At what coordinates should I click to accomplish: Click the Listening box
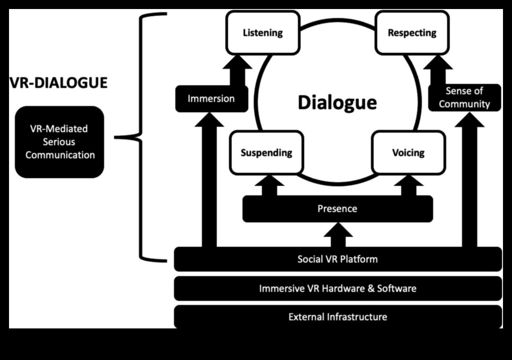tap(263, 32)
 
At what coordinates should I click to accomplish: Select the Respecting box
tap(412, 32)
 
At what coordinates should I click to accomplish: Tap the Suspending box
tap(266, 152)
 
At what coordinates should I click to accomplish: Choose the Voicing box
tap(408, 152)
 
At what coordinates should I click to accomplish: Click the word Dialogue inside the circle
tap(337, 102)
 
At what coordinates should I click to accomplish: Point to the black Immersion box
tap(211, 98)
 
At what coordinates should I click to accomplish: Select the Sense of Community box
tap(464, 97)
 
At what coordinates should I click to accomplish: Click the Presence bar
tap(337, 209)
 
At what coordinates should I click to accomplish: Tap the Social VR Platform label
tap(337, 259)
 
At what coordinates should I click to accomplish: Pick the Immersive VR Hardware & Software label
tap(337, 288)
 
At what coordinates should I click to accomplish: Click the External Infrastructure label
tap(337, 317)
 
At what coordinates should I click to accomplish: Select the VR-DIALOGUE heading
tap(59, 83)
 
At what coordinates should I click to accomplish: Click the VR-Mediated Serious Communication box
tap(59, 142)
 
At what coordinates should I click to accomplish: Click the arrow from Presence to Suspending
tap(269, 186)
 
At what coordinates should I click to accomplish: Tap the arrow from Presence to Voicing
tap(408, 186)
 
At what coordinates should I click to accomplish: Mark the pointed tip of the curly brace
tap(116, 137)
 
